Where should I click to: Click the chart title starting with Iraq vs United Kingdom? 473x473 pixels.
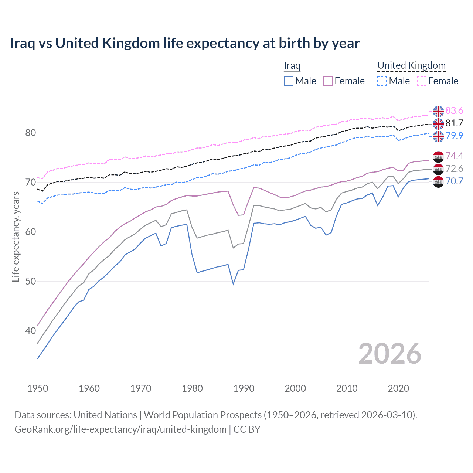(184, 43)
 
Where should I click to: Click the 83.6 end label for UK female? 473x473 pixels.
(454, 111)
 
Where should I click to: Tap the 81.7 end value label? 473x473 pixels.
(454, 123)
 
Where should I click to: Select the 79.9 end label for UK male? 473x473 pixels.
(454, 136)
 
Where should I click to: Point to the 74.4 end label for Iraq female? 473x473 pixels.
(454, 156)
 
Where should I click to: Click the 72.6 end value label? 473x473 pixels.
(454, 169)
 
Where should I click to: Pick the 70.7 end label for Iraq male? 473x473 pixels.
(454, 181)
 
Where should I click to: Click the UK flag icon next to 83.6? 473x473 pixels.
(438, 111)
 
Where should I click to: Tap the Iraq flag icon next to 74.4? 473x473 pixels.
(438, 157)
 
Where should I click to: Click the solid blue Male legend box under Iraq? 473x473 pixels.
(289, 81)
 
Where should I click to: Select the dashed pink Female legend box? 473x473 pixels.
(422, 81)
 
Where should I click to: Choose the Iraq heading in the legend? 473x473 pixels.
(292, 65)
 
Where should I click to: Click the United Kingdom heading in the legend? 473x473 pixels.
(411, 65)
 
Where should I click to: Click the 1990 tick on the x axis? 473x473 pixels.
(244, 388)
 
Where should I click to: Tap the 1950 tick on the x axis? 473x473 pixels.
(38, 388)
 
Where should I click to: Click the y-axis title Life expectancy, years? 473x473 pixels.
(16, 236)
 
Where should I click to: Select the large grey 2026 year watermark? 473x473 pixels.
(389, 354)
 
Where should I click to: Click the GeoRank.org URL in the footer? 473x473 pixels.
(120, 429)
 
